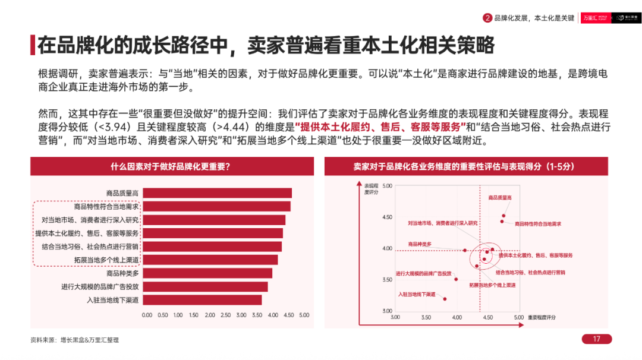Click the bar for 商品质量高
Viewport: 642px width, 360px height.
(x=217, y=193)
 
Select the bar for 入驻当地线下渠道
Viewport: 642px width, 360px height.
(x=202, y=300)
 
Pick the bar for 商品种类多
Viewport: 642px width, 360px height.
(x=207, y=273)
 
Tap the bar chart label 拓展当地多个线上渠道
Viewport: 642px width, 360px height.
(x=106, y=260)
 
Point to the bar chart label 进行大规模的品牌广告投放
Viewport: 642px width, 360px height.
(x=100, y=286)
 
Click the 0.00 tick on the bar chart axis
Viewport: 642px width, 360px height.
(x=147, y=315)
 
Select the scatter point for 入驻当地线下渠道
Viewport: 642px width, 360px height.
(x=444, y=298)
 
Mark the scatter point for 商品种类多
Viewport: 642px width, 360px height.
(x=465, y=250)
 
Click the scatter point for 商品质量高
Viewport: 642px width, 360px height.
(x=503, y=216)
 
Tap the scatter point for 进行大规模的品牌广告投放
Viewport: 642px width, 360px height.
(x=456, y=279)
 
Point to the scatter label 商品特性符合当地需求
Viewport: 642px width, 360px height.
(x=538, y=224)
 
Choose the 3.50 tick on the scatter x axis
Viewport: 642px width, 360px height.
(x=426, y=318)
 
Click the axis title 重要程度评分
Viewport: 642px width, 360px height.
(x=542, y=318)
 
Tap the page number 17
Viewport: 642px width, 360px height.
(x=596, y=339)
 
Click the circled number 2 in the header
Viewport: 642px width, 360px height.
(x=487, y=18)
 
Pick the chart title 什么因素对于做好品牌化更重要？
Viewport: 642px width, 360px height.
(x=171, y=167)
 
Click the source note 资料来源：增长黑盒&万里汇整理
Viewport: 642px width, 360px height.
(x=74, y=340)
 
